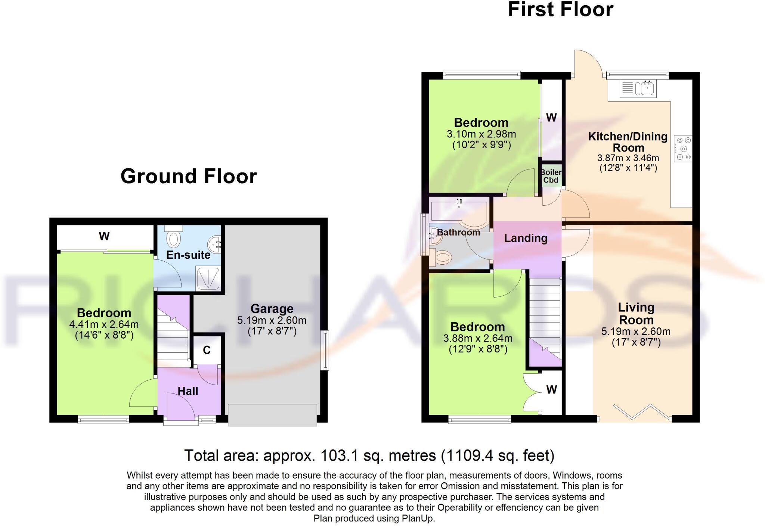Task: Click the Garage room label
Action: point(272,309)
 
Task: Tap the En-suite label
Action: point(188,255)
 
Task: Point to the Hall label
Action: point(188,391)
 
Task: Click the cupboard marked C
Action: point(207,350)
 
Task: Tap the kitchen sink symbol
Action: point(638,88)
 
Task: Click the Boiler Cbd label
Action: point(551,176)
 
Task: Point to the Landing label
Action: point(526,238)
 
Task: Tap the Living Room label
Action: point(636,314)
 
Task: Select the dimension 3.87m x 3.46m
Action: point(628,158)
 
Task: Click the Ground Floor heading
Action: point(189,176)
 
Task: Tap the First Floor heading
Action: point(560,10)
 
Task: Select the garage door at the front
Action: point(272,415)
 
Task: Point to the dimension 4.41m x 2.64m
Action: point(104,324)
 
